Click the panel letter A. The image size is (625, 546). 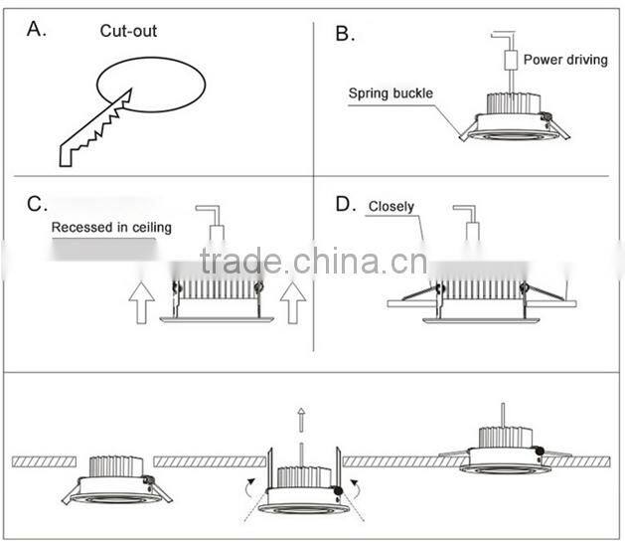37,29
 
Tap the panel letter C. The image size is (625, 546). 37,205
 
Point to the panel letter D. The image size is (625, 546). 345,205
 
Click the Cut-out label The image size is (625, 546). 128,31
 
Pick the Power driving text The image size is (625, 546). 564,60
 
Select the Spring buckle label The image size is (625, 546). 391,94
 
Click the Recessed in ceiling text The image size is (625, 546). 111,228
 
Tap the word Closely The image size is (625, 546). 391,208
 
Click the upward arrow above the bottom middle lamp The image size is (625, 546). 299,422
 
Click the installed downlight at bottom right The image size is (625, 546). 505,450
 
